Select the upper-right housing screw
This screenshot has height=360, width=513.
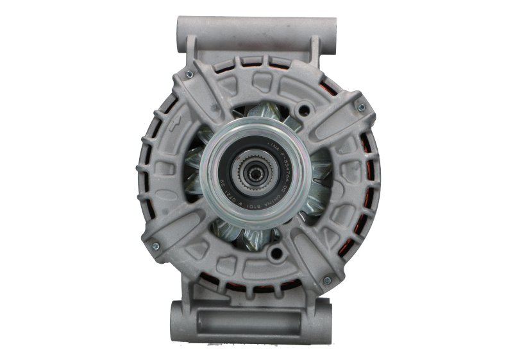pos(361,107)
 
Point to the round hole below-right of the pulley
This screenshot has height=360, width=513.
pos(276,252)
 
